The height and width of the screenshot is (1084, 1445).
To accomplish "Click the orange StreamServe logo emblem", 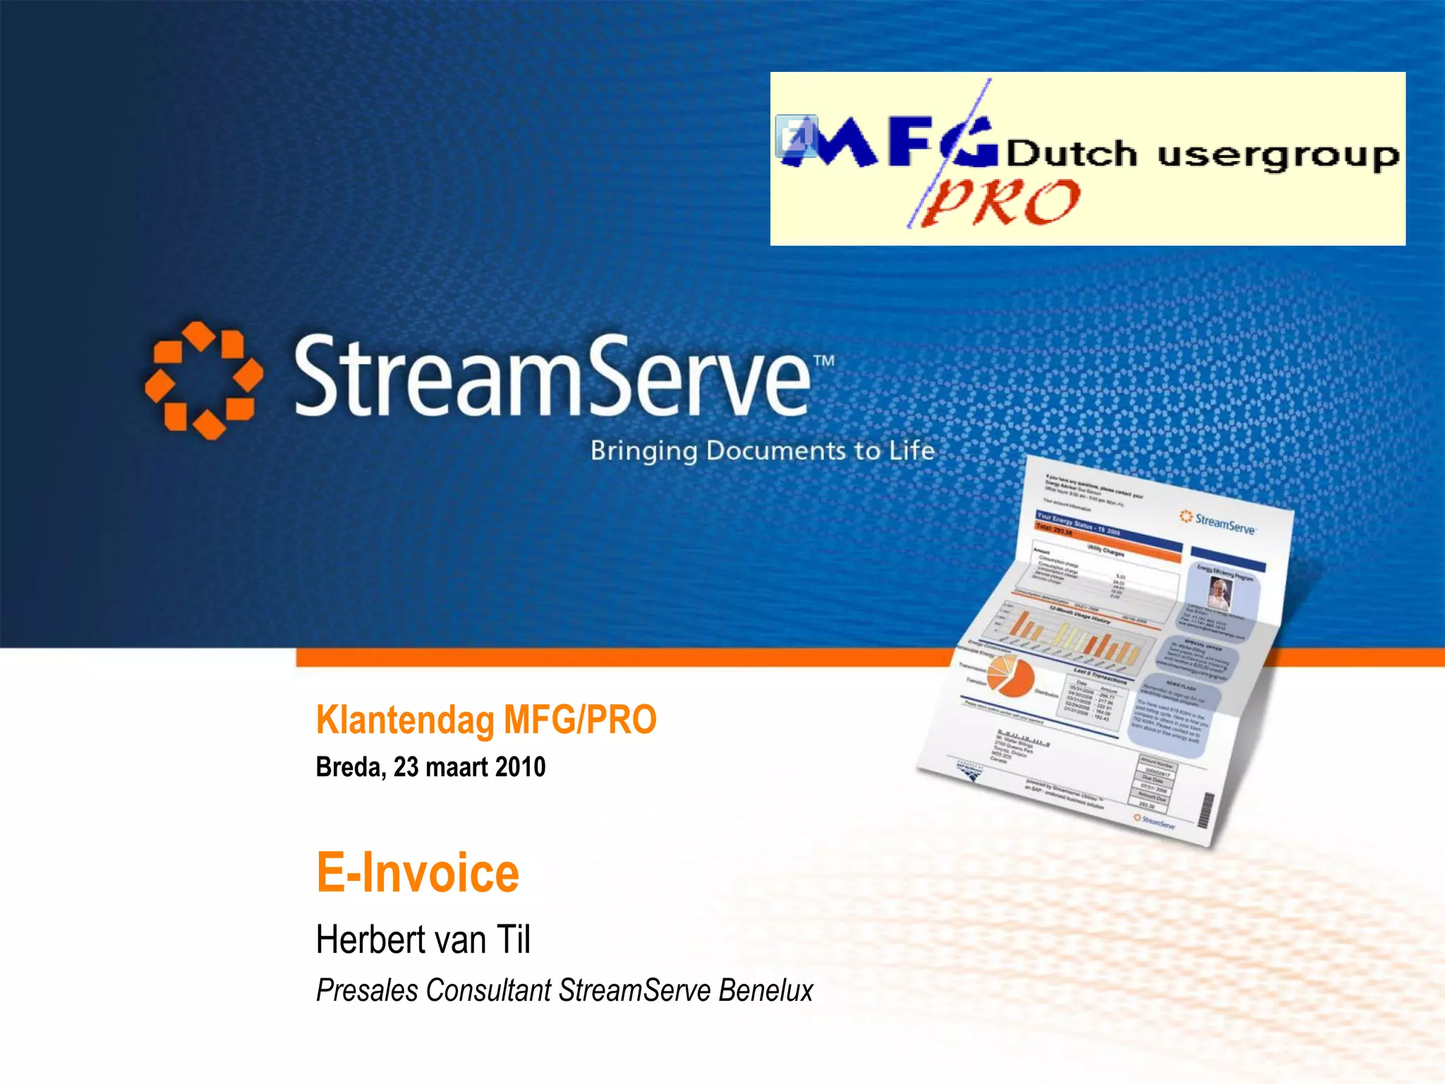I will point(203,380).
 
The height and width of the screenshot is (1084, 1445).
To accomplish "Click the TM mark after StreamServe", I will point(823,361).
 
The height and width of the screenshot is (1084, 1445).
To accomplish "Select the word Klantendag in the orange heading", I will point(405,720).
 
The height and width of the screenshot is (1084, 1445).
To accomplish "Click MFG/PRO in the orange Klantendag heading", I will point(579,720).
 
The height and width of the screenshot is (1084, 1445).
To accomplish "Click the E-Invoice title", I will point(418,873).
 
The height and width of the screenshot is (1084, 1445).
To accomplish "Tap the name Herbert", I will point(365,940).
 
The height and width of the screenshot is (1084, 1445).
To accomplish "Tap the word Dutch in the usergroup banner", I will point(1071,154).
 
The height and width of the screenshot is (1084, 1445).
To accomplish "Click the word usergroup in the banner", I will point(1278,155).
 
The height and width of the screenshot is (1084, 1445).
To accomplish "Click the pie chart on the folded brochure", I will point(1010,676).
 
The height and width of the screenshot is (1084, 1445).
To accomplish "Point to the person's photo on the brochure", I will point(1219,593).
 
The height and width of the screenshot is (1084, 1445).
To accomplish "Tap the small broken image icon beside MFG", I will point(796,135).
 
